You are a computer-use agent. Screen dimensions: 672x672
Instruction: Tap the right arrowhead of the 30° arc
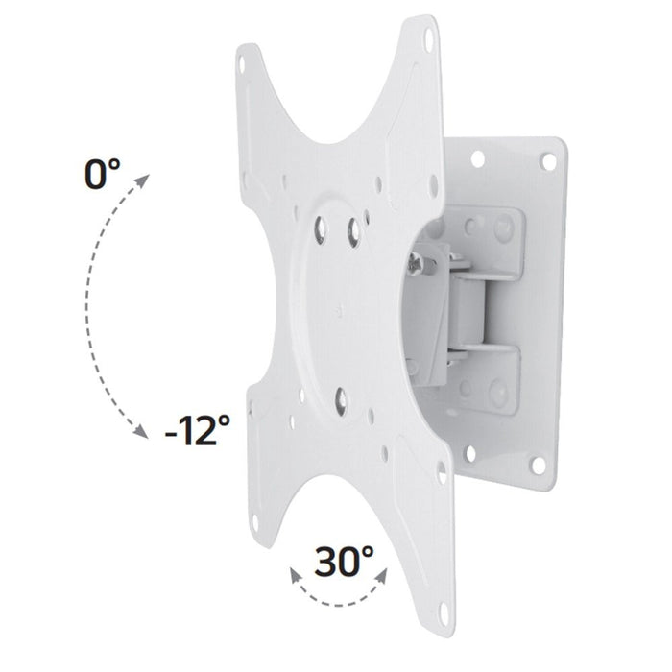click(385, 572)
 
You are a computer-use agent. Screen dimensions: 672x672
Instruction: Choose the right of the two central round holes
click(355, 231)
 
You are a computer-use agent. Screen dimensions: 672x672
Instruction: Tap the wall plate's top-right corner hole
click(548, 159)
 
